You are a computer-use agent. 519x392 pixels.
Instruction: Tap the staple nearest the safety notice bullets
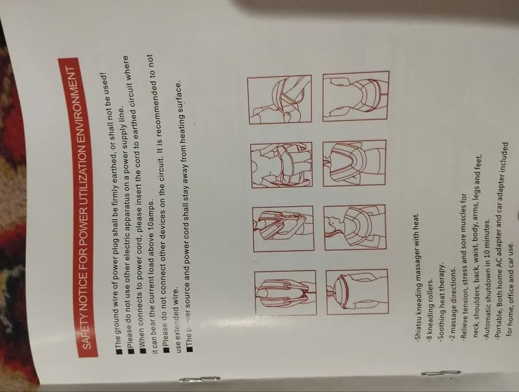[200, 379]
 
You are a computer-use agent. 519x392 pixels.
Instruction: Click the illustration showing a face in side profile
[355, 228]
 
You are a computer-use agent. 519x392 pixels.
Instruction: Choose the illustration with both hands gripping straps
[284, 228]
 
